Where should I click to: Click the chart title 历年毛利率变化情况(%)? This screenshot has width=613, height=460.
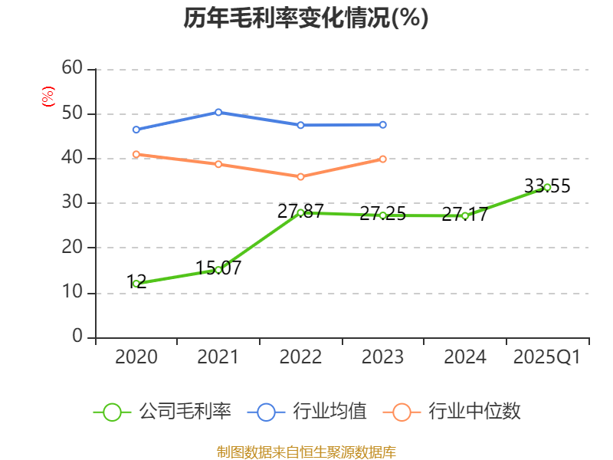tap(306, 18)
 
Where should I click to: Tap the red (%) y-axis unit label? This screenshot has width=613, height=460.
tap(48, 97)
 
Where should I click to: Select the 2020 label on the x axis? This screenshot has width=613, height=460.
tap(136, 357)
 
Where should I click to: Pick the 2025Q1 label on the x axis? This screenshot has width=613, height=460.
tap(546, 357)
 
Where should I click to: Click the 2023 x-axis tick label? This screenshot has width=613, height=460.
tap(382, 357)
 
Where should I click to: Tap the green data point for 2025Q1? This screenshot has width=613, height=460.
tap(547, 187)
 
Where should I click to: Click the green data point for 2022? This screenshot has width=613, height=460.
tap(300, 212)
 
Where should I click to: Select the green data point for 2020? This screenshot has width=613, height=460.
tap(136, 284)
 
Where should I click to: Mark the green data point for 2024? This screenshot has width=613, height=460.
tap(465, 215)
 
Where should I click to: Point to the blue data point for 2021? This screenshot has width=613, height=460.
tap(218, 112)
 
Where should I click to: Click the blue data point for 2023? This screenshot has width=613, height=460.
tap(383, 124)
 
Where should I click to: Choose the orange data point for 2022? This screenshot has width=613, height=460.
tap(300, 176)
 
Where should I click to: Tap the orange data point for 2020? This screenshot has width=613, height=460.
tap(136, 154)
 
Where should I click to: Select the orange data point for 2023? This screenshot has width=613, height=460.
tap(383, 159)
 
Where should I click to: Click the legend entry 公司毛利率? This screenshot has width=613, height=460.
tap(162, 412)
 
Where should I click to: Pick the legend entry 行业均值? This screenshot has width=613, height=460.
tap(307, 412)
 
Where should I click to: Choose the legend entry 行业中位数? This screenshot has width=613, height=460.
tap(457, 412)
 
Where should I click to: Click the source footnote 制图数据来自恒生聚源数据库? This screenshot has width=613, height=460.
tap(306, 452)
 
